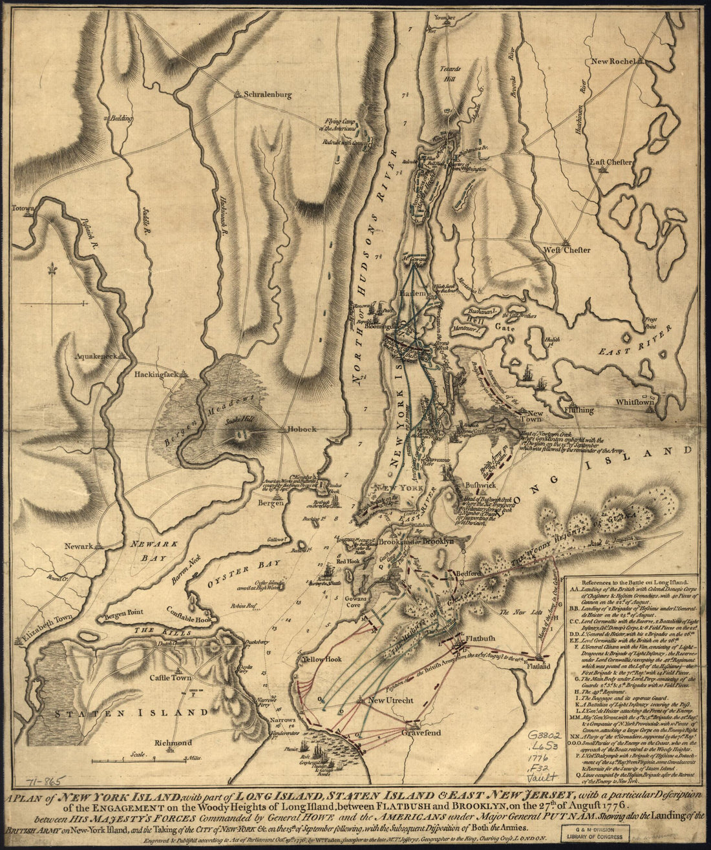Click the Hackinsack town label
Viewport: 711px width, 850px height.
156,375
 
